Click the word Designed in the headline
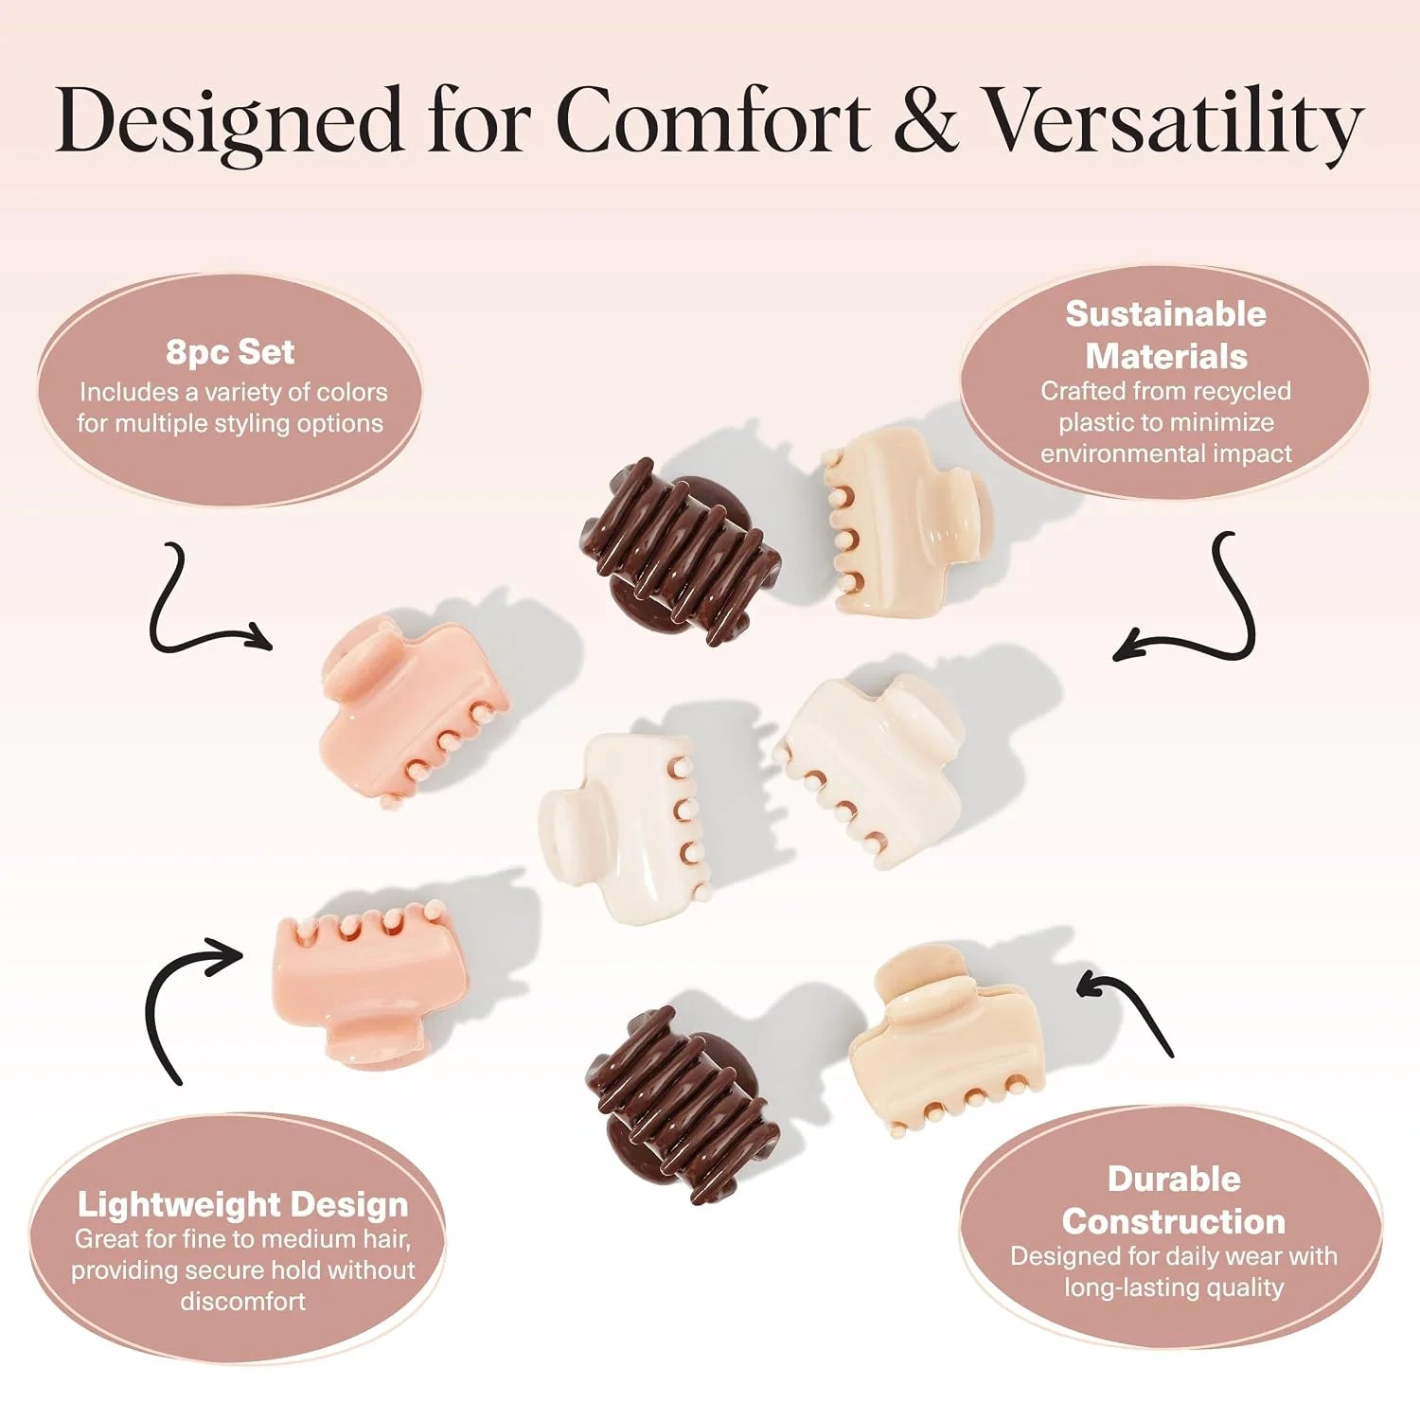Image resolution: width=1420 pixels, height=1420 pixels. pos(229,121)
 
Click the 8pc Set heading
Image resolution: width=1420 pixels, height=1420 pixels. pos(230,351)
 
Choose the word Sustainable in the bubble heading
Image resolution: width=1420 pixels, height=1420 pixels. pos(1165,313)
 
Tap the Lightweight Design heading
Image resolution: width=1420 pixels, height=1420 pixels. pos(243,1204)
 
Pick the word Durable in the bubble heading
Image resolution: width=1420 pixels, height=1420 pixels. pos(1174,1179)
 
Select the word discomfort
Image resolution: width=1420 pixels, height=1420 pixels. pos(243,1301)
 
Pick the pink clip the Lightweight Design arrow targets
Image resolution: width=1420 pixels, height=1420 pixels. pos(370,981)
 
